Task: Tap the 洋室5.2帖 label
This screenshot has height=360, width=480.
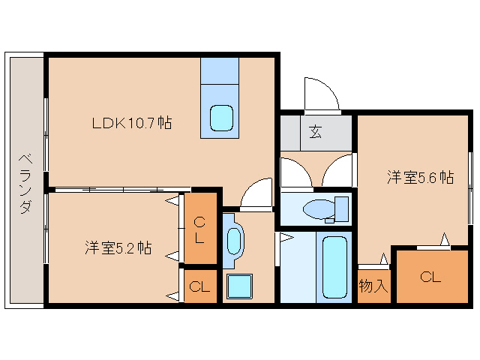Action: click(118, 247)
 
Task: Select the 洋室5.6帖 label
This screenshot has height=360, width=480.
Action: click(420, 178)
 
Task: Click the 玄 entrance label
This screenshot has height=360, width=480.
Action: click(315, 132)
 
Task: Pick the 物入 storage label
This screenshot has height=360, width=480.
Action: click(373, 286)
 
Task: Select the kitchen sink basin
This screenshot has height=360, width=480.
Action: click(222, 117)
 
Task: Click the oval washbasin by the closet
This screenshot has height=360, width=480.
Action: click(234, 241)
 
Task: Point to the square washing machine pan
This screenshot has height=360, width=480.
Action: click(240, 286)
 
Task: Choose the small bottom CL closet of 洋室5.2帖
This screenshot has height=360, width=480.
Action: click(199, 286)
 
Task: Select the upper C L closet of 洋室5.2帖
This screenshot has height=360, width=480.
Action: click(199, 230)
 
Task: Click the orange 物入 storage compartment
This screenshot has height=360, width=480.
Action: click(373, 286)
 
